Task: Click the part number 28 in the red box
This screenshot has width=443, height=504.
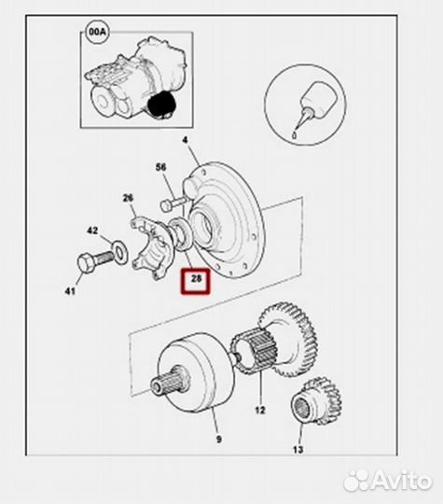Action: (x=196, y=279)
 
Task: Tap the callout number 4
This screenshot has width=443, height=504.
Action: (x=185, y=140)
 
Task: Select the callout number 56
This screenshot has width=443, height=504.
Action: (x=161, y=167)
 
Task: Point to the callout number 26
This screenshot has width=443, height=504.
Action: (x=128, y=198)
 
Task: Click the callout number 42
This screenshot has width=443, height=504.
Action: (x=92, y=231)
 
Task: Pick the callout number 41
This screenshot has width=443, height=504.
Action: (x=70, y=291)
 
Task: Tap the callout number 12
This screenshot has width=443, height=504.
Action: (x=260, y=410)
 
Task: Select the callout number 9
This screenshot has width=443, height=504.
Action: (x=219, y=439)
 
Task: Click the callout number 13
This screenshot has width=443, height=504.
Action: (x=298, y=449)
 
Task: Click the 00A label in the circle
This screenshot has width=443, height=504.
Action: (x=98, y=32)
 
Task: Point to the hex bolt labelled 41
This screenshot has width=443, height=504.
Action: (x=95, y=260)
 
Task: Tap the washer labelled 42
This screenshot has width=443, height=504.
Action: (x=119, y=251)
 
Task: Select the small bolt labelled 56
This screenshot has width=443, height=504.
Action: (x=173, y=203)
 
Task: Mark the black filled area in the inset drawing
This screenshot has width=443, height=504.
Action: (x=161, y=104)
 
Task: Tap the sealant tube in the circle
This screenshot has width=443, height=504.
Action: (x=315, y=104)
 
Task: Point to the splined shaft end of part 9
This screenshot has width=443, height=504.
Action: (x=169, y=379)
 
